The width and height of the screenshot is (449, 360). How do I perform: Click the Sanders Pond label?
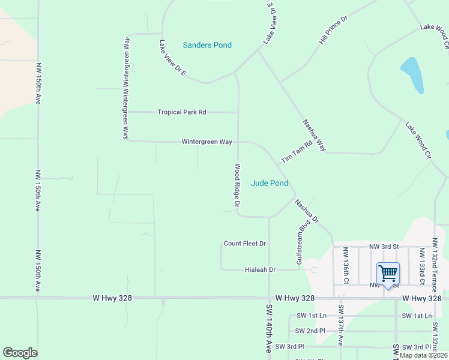(x=207, y=45)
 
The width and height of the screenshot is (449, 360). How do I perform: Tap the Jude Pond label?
(x=269, y=183)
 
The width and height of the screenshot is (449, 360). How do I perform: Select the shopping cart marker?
(x=388, y=274)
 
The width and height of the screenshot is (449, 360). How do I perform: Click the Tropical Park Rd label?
(x=182, y=112)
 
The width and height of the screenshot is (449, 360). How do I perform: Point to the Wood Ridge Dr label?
(x=238, y=185)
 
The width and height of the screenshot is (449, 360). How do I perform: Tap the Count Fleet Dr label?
(x=244, y=244)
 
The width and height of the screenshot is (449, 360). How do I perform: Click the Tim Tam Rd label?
(x=297, y=151)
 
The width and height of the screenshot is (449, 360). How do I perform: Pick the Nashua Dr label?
(x=306, y=212)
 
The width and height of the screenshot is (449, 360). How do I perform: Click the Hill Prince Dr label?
(x=333, y=32)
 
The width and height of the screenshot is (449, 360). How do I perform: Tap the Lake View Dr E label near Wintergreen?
(x=173, y=57)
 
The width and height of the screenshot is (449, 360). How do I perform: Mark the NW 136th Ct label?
(x=346, y=265)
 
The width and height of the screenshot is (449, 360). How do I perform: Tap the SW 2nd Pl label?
(x=310, y=331)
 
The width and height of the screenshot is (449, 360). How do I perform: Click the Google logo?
(x=20, y=353)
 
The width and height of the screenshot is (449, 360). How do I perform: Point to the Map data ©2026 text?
(x=423, y=355)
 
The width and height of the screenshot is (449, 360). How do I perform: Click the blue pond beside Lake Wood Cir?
(x=412, y=74)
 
